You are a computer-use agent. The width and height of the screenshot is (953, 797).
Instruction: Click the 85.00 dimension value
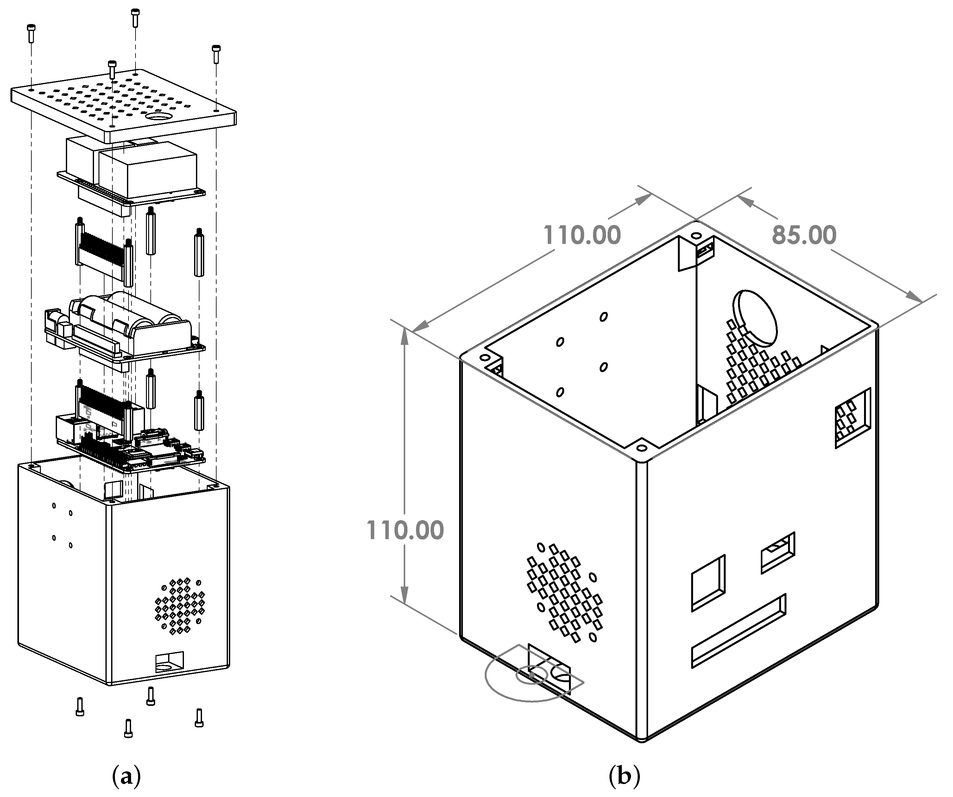[804, 235]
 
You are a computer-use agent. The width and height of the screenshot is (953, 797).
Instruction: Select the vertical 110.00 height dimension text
[405, 530]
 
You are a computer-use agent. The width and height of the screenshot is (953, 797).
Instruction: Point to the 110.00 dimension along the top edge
[582, 235]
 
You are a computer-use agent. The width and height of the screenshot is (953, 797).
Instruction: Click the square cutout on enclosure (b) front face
[708, 583]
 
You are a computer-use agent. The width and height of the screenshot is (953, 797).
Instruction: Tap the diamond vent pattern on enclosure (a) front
[180, 607]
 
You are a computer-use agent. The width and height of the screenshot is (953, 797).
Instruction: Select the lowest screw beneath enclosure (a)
[129, 728]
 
